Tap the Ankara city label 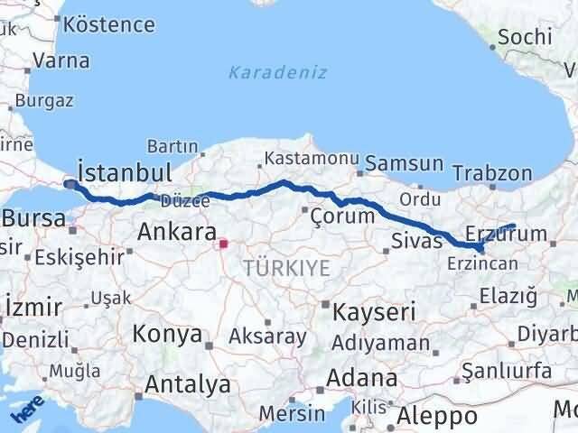[176, 232]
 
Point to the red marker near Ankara [223, 243]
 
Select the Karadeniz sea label [277, 72]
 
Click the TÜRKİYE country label [286, 267]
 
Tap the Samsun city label [406, 163]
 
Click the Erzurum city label [506, 235]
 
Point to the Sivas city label [418, 240]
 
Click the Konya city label [167, 335]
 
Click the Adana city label [362, 378]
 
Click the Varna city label [61, 61]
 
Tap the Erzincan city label [480, 263]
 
